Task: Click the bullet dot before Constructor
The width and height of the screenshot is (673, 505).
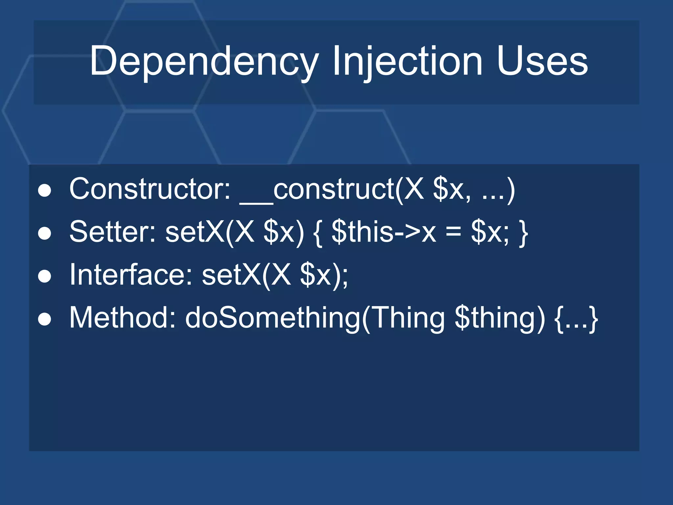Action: [x=45, y=191]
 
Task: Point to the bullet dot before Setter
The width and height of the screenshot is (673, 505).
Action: [x=45, y=233]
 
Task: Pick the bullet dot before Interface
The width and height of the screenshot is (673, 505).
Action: [x=45, y=276]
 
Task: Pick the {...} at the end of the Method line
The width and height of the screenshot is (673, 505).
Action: [x=576, y=318]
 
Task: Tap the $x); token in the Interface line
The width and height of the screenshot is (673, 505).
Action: [x=324, y=275]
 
